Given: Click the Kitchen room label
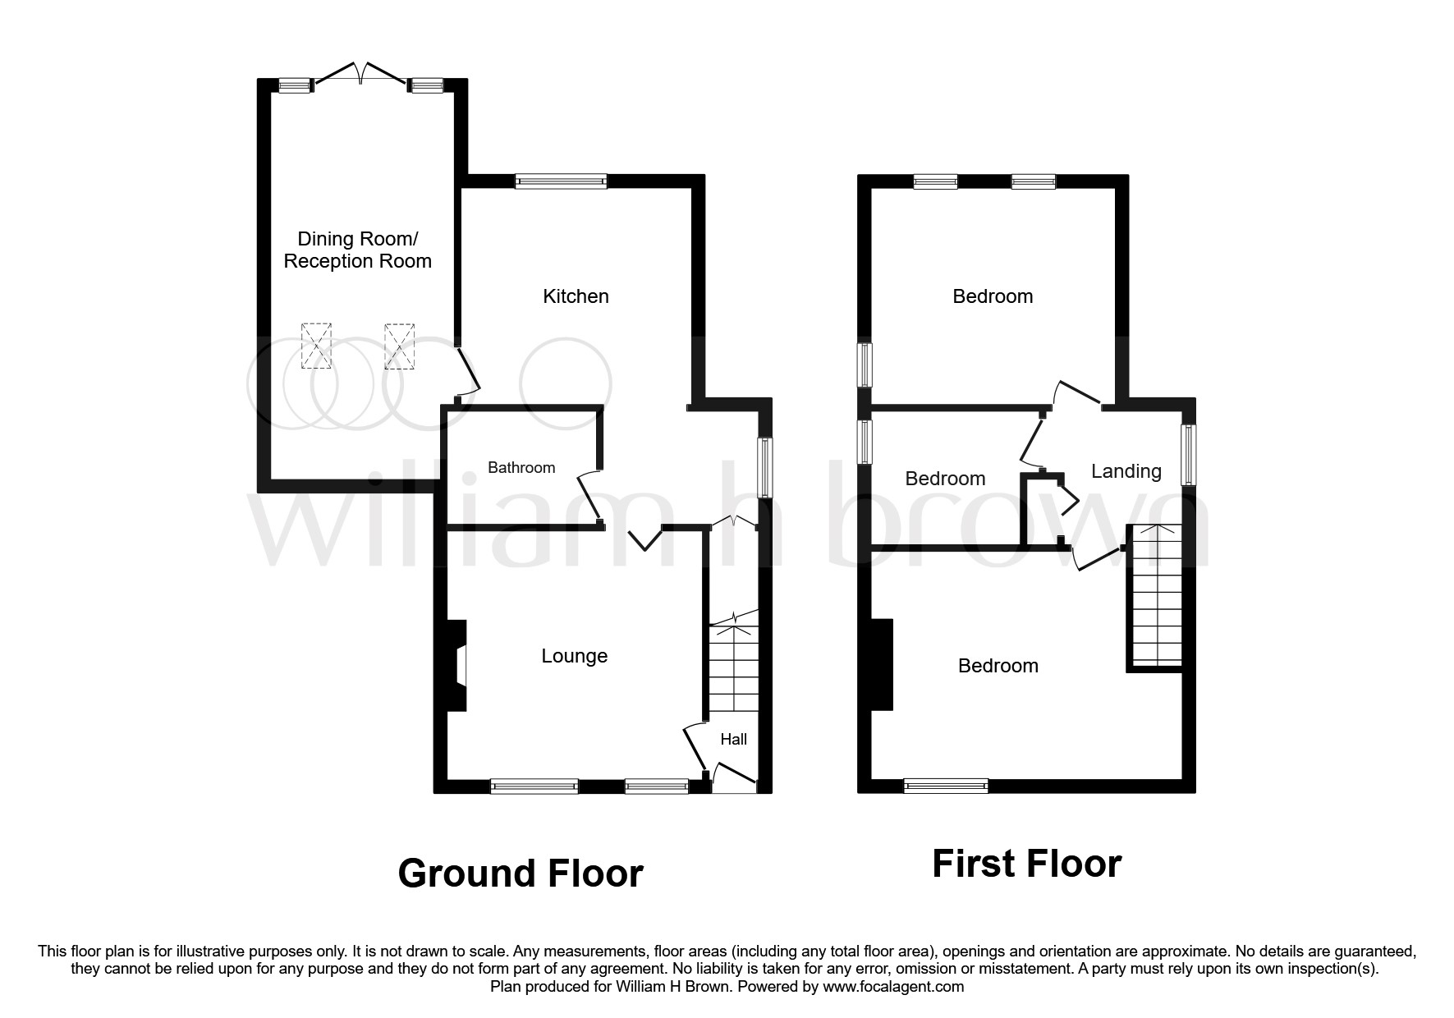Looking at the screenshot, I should pos(576,296).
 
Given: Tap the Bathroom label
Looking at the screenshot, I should pos(521,467).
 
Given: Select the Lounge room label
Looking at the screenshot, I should pos(574,656).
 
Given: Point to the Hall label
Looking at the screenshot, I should pos(733,739).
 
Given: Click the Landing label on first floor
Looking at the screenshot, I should pos(1126,471).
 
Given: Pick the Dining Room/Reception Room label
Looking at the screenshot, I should pos(357,250).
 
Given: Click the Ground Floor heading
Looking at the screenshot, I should pos(520,874).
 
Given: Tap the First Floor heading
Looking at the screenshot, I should pos(1026,864).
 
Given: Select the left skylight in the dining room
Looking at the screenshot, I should pos(316,346).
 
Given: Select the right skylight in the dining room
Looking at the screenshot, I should pos(399,346).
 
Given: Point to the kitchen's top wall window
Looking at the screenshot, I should pos(561,182).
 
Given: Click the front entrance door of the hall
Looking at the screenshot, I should pos(733,776).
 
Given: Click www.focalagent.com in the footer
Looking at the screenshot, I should pos(892,987).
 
